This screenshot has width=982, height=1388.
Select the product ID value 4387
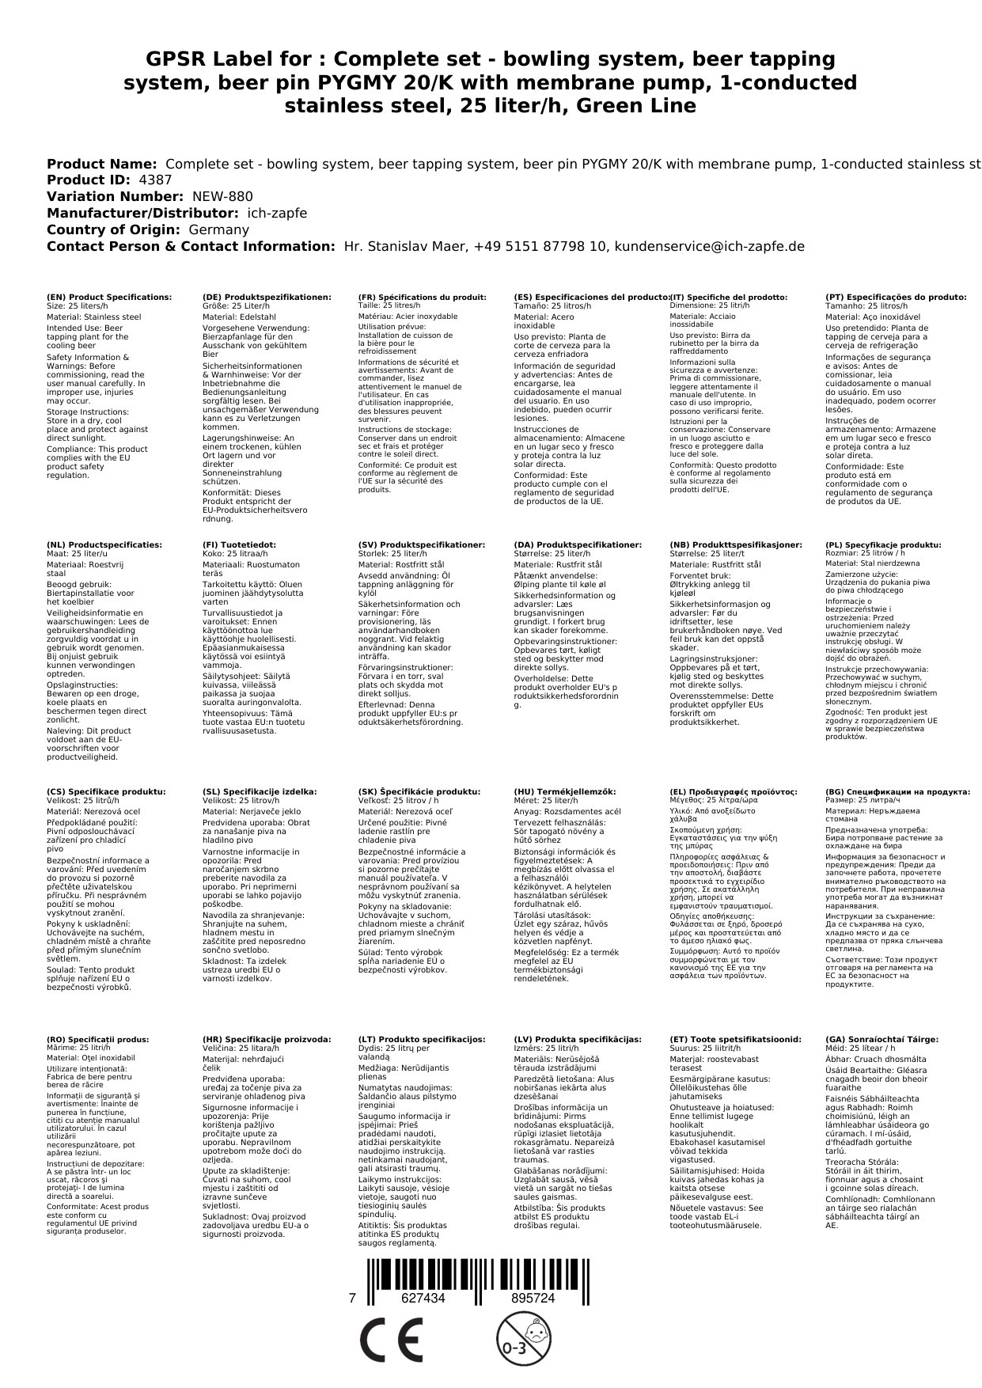click(x=155, y=180)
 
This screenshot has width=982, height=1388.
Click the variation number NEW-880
click(x=223, y=197)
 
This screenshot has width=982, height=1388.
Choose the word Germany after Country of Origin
click(x=218, y=229)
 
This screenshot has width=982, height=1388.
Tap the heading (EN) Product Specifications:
click(x=109, y=298)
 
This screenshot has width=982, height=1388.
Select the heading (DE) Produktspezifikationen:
click(x=267, y=298)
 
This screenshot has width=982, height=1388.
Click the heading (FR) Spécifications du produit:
click(x=422, y=298)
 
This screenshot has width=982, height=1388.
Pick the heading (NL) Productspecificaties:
click(x=104, y=545)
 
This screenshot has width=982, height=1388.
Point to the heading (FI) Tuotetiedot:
click(x=240, y=545)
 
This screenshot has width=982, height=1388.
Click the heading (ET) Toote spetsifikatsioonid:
click(x=735, y=1040)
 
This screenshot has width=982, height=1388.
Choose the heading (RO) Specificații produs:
click(x=98, y=1040)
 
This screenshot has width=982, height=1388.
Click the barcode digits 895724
click(x=533, y=1299)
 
